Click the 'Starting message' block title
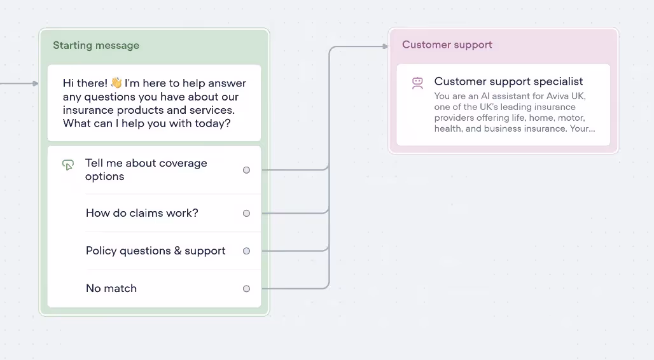pos(96,45)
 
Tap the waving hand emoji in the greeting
pos(116,83)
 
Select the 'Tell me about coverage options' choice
pos(146,170)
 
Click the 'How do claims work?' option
pos(142,213)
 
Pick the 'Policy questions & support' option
pos(156,251)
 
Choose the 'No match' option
pos(111,288)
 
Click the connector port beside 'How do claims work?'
pos(246,213)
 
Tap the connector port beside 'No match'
pos(246,289)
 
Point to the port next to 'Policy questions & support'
pos(246,251)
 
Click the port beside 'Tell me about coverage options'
pos(246,170)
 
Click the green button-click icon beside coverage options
pos(68,165)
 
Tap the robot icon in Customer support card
pos(417,83)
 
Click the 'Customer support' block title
pos(447,45)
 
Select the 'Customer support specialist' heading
pos(508,81)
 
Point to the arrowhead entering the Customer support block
pos(386,46)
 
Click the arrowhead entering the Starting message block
pos(36,83)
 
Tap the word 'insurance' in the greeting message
pos(88,110)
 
